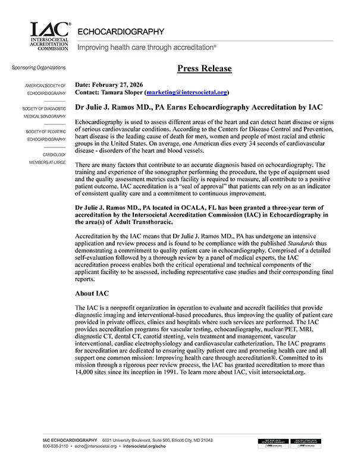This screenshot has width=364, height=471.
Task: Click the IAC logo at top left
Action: pos(51,36)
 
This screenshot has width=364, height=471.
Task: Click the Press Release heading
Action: pos(204,68)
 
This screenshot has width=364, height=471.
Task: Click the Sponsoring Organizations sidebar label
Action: pos(39,68)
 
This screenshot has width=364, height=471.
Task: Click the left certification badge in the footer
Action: pos(274,442)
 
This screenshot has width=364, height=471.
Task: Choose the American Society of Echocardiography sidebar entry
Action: pos(45,89)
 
